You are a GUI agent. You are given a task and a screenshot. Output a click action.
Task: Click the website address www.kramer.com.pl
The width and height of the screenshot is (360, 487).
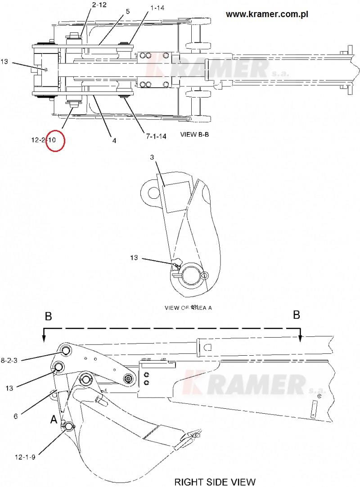coord(267,14)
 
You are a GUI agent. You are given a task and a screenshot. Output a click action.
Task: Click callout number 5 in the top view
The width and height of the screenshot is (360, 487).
coord(128,11)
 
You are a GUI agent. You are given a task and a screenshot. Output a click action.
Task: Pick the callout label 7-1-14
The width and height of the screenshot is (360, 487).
coord(156,136)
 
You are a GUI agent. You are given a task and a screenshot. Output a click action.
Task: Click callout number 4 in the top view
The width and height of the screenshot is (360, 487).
coord(114,140)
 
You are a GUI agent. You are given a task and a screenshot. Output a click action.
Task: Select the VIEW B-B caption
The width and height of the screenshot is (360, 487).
coord(194,134)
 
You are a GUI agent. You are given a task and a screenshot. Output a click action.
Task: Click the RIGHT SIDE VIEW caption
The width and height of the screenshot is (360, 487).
coord(215,482)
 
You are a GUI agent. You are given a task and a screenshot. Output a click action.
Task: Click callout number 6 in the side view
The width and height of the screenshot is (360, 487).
coord(15,416)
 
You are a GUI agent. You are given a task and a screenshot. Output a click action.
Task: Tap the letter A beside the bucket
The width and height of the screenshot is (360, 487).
coord(54,420)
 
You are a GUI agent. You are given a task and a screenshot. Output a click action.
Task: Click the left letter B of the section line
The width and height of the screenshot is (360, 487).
coord(48,317)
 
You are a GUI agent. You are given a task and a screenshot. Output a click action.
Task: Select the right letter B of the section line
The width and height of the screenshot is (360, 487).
coord(297,315)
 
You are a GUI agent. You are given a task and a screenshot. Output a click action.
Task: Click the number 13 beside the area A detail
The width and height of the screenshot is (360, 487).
coord(134,258)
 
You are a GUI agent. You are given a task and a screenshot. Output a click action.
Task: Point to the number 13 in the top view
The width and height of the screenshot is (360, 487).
coord(4,62)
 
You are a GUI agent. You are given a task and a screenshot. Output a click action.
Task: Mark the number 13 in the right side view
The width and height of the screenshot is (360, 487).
coord(10,387)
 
